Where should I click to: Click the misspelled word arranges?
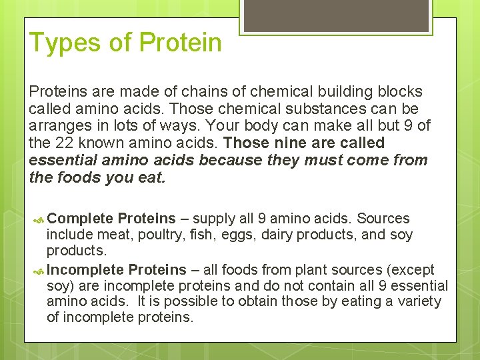(x=60, y=126)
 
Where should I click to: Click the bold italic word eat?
(x=151, y=178)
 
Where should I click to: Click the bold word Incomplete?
(x=85, y=270)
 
